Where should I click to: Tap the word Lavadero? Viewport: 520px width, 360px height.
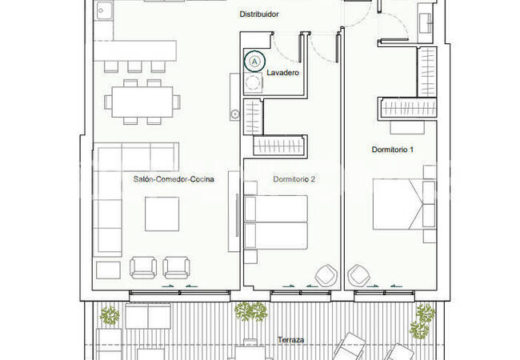pyautogui.click(x=283, y=73)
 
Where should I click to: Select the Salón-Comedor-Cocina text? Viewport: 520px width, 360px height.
pyautogui.click(x=174, y=180)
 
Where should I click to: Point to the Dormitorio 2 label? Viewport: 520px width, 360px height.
pyautogui.click(x=294, y=180)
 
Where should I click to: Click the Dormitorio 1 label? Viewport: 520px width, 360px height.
pyautogui.click(x=393, y=150)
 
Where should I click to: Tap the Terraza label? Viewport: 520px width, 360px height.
pyautogui.click(x=290, y=340)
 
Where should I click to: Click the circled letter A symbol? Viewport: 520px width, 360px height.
pyautogui.click(x=254, y=60)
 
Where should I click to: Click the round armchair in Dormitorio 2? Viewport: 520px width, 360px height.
pyautogui.click(x=326, y=275)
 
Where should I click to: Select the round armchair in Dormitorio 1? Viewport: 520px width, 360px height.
pyautogui.click(x=359, y=275)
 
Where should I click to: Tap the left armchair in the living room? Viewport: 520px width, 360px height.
pyautogui.click(x=144, y=268)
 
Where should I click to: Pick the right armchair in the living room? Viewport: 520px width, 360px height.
pyautogui.click(x=177, y=268)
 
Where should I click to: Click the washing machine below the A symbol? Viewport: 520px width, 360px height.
pyautogui.click(x=254, y=83)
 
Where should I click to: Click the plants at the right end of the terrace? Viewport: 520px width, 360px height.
pyautogui.click(x=422, y=318)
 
